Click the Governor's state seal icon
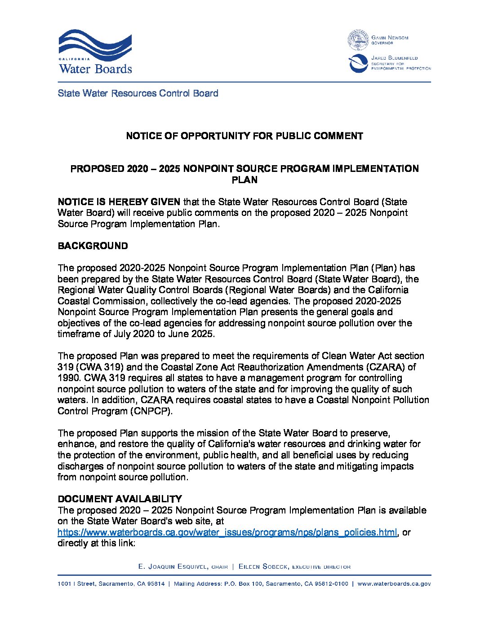coord(358,40)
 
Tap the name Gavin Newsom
coord(390,38)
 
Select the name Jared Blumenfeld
coord(394,58)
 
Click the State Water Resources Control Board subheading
coord(138,93)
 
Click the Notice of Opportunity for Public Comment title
coord(244,136)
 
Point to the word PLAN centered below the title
coord(244,180)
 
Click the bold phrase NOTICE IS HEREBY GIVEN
coord(119,202)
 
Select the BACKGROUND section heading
coord(93,246)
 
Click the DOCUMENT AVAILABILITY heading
coord(120,499)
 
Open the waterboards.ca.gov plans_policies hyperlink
coord(227,532)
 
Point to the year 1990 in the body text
coord(67,378)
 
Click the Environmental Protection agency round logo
coord(358,63)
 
